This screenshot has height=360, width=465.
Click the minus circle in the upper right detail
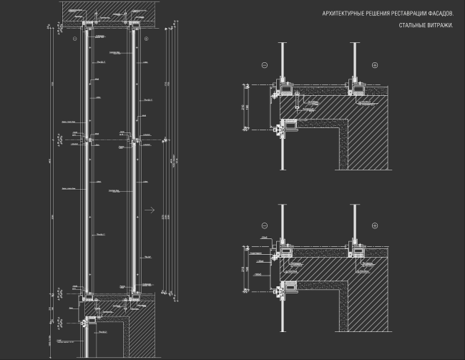(x=264, y=65)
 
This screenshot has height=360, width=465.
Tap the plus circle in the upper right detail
(x=374, y=65)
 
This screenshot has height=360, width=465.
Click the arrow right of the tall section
(x=150, y=210)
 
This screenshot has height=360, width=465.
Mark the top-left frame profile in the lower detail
(x=285, y=248)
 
